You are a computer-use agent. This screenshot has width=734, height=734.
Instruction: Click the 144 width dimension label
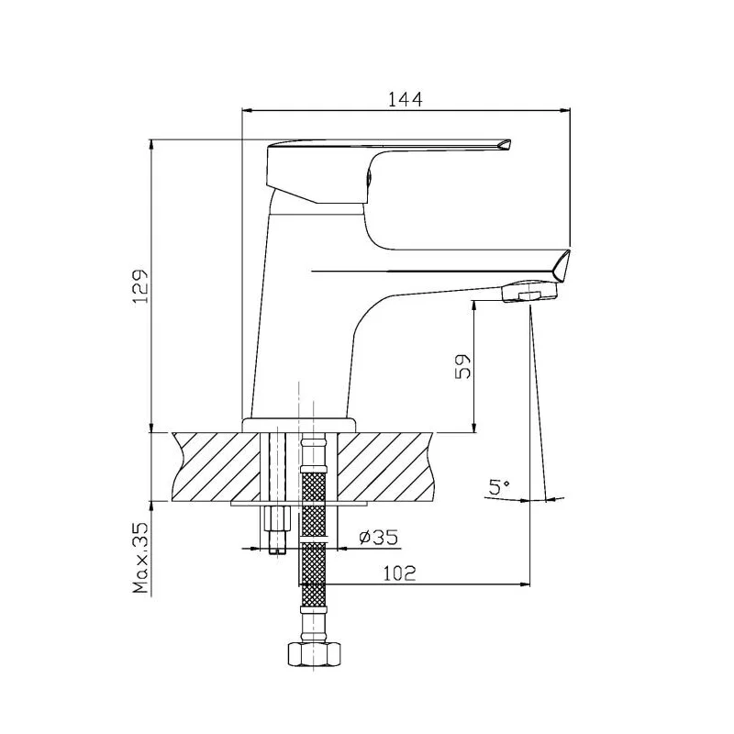click(x=405, y=99)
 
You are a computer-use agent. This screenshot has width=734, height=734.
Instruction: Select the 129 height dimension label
click(x=140, y=286)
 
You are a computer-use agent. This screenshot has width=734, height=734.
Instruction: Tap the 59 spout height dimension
click(x=462, y=366)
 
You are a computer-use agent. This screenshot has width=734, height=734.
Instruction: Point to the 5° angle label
click(x=499, y=487)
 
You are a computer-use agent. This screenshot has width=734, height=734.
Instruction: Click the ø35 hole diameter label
click(x=379, y=537)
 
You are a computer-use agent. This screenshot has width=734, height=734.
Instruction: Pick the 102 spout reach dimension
click(x=400, y=573)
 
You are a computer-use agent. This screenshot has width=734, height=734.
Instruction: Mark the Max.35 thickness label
click(x=140, y=558)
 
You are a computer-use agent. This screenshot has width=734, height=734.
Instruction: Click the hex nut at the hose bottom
click(x=314, y=653)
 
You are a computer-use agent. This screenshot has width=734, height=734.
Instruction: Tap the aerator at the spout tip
click(x=530, y=291)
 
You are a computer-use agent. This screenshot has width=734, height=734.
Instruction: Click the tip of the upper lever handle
click(x=510, y=142)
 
